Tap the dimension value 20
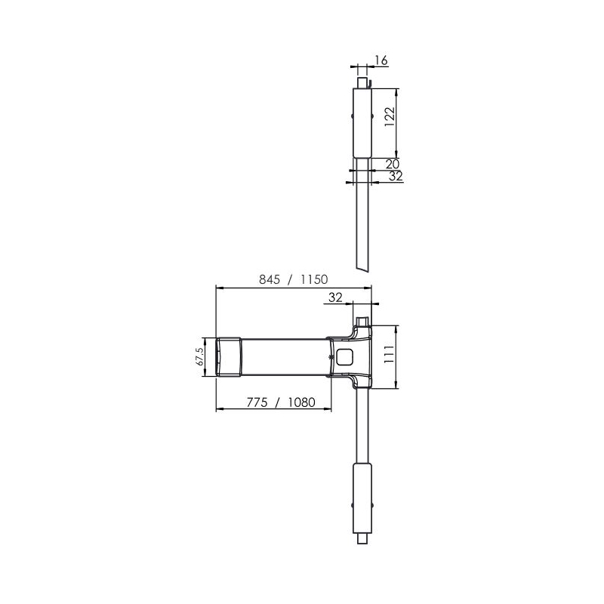click(x=393, y=163)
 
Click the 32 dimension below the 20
click(x=395, y=176)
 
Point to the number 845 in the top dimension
click(x=269, y=279)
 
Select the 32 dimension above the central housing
click(x=336, y=297)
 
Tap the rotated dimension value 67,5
click(x=201, y=356)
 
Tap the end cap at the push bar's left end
click(x=228, y=356)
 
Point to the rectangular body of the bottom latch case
click(x=362, y=498)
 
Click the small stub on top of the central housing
click(x=362, y=322)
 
